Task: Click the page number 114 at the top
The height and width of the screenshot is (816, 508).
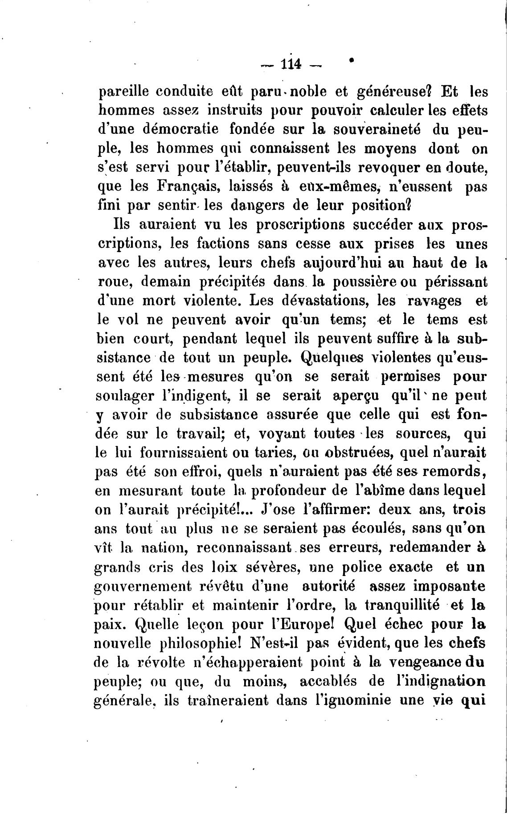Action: click(x=292, y=65)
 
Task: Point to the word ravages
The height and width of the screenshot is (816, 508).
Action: click(x=434, y=301)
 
